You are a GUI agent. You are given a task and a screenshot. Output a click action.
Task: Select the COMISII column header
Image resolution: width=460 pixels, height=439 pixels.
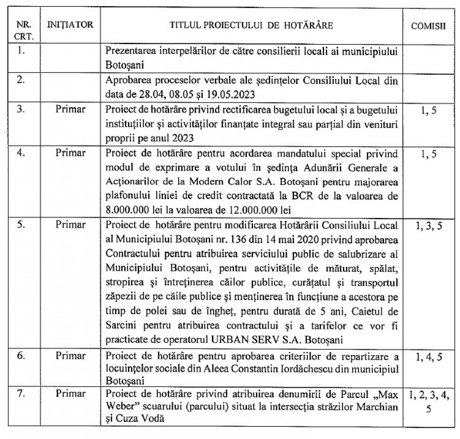tap(428, 26)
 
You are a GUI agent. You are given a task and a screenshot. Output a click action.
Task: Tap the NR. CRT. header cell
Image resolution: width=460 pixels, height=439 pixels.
tap(24, 31)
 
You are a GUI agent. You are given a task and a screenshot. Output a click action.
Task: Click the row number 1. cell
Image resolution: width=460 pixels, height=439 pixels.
tap(22, 51)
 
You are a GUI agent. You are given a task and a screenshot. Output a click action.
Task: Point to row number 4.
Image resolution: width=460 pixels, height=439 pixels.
tap(22, 153)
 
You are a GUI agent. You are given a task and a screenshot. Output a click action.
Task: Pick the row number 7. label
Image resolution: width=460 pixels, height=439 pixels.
tap(22, 393)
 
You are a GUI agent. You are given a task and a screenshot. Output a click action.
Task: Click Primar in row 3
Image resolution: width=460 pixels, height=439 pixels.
tap(71, 109)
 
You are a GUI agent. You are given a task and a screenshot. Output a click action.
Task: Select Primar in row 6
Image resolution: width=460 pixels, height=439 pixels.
tap(71, 356)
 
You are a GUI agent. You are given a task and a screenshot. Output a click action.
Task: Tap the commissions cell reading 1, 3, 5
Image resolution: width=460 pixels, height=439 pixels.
tap(429, 226)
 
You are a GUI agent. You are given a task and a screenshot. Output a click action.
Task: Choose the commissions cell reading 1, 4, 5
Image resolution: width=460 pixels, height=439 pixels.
tap(429, 357)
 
